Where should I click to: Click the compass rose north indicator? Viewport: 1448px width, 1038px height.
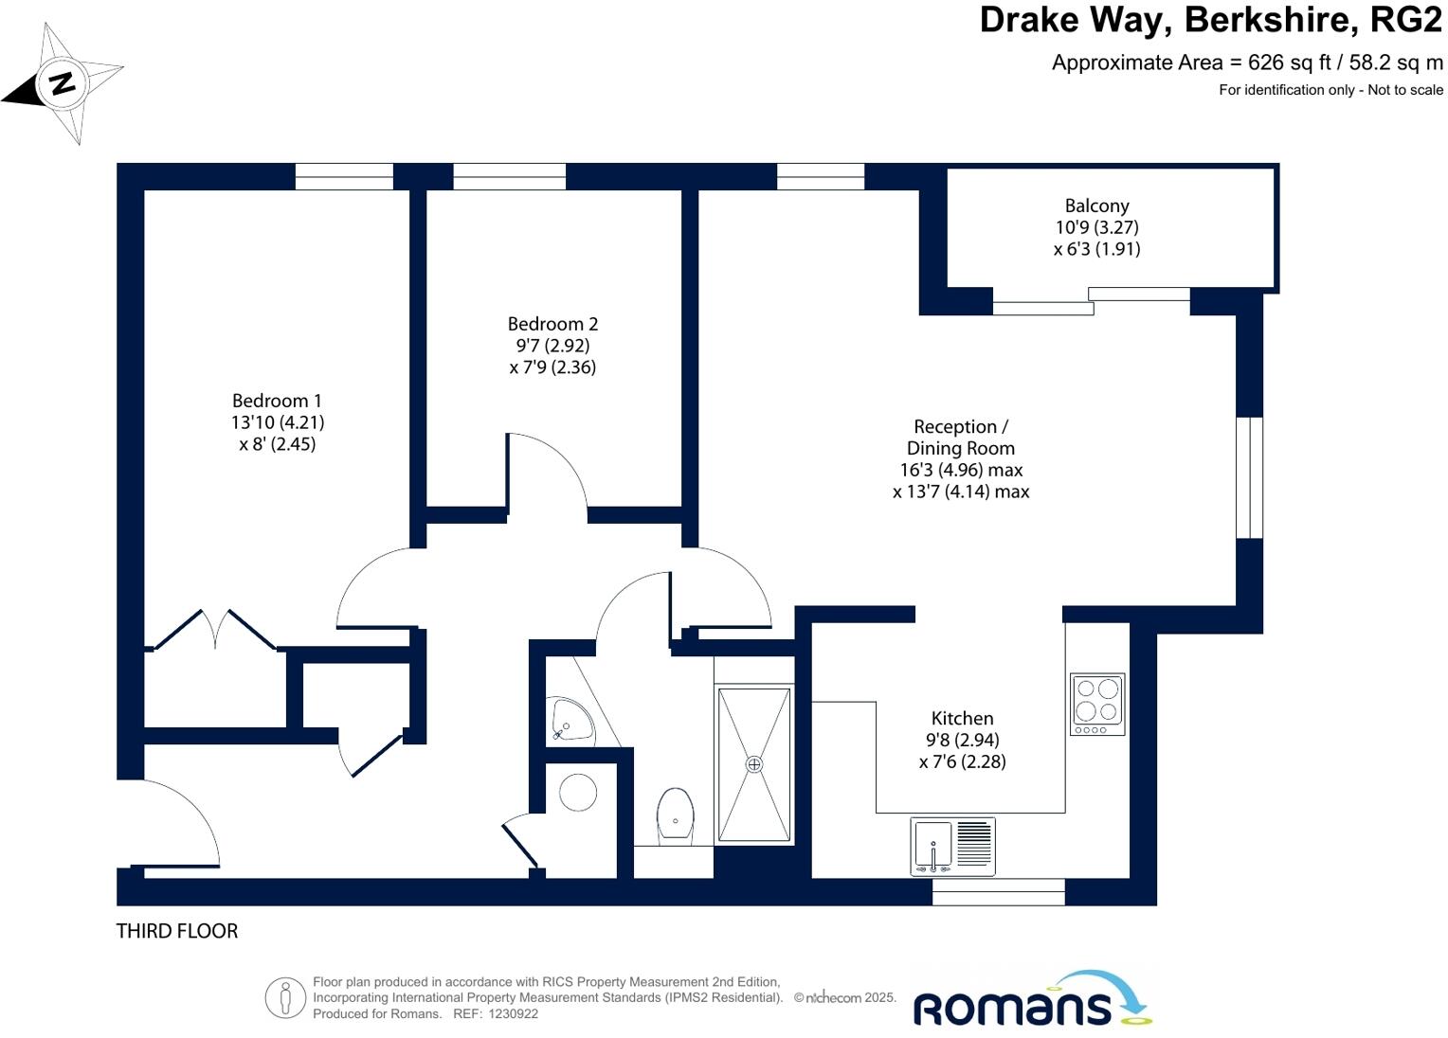pyautogui.click(x=63, y=84)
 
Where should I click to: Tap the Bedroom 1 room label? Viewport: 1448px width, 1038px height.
pyautogui.click(x=278, y=421)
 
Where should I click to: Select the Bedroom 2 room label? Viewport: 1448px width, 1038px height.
pyautogui.click(x=552, y=345)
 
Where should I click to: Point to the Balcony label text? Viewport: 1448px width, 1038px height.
pyautogui.click(x=1096, y=206)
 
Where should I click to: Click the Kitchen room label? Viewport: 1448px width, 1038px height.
pyautogui.click(x=962, y=739)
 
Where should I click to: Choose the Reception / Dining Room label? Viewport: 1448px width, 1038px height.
pyautogui.click(x=961, y=458)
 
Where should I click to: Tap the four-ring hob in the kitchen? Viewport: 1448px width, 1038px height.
pyautogui.click(x=1097, y=704)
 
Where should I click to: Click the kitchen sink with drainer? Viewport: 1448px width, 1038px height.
pyautogui.click(x=952, y=846)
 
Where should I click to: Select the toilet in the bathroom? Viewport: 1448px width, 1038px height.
pyautogui.click(x=675, y=814)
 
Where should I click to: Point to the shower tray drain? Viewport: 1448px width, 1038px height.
pyautogui.click(x=754, y=764)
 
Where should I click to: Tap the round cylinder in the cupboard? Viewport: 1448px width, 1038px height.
pyautogui.click(x=578, y=792)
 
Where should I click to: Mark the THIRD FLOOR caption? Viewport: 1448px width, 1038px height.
pyautogui.click(x=177, y=931)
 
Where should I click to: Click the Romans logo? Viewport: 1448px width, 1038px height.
pyautogui.click(x=1030, y=1000)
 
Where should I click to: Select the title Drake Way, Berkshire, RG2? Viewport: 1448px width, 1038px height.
pyautogui.click(x=1210, y=20)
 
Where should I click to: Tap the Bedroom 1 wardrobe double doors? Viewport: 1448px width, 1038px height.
pyautogui.click(x=215, y=629)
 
